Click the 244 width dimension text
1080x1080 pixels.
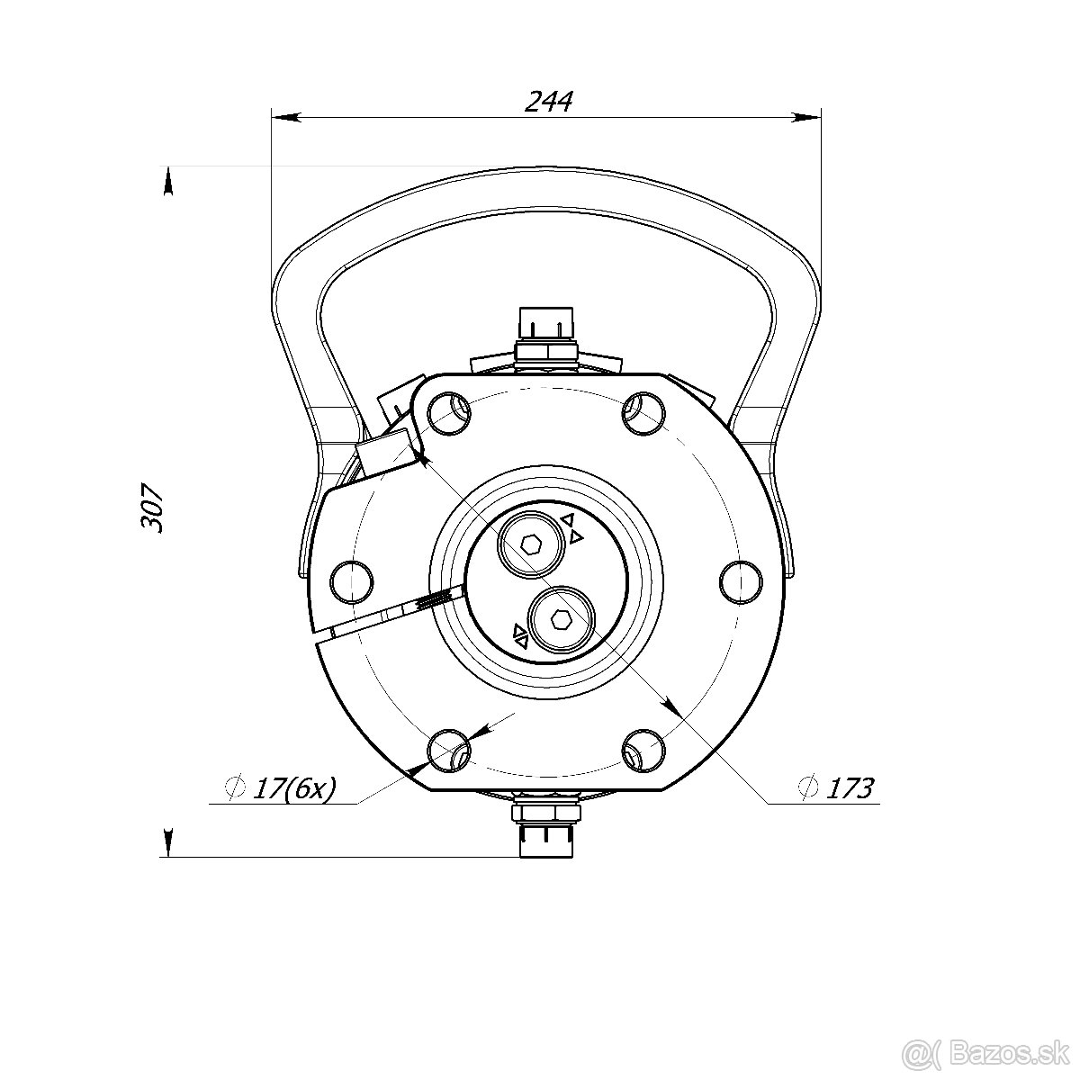tap(548, 102)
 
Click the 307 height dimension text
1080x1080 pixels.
tap(151, 508)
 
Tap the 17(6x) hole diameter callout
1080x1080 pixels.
tap(294, 788)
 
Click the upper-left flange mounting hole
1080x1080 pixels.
tap(449, 414)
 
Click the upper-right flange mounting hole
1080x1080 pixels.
tap(644, 414)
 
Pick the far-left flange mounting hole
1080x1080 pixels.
tap(352, 581)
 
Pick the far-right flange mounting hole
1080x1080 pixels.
tap(741, 581)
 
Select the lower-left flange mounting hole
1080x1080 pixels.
tap(449, 750)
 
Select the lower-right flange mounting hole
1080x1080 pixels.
tap(644, 750)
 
